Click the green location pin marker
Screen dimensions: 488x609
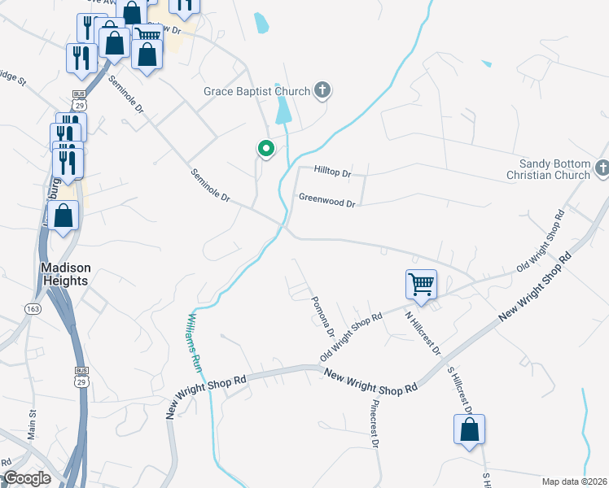point(265,149)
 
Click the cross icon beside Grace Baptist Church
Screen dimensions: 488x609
point(322,89)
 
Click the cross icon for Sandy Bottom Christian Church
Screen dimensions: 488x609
point(602,168)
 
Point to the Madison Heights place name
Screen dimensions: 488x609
point(65,274)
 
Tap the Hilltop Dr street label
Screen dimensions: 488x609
point(332,173)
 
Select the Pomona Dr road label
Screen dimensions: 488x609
point(323,316)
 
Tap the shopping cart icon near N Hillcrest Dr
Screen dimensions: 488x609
point(421,285)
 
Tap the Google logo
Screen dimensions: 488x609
point(27,478)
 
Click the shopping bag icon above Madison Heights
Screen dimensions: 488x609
point(64,216)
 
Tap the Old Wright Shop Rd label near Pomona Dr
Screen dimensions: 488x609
point(351,338)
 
